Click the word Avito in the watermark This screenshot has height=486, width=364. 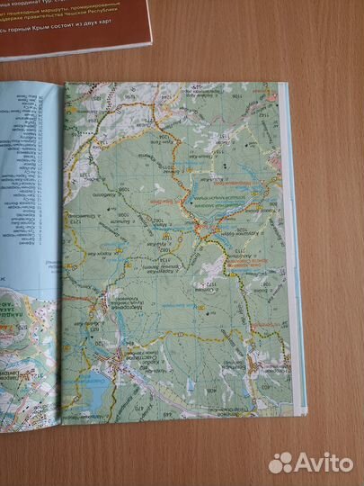pos(324,463)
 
